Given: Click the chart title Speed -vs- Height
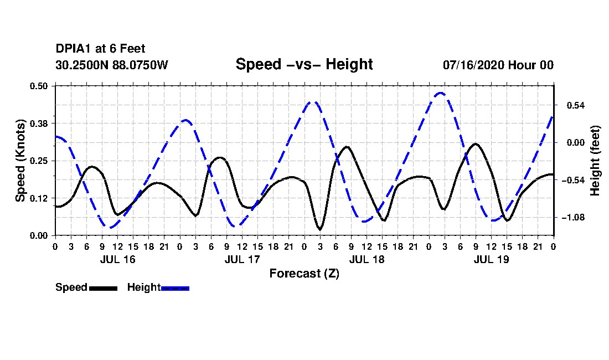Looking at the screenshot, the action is [x=304, y=64].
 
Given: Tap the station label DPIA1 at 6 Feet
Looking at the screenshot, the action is [x=100, y=49].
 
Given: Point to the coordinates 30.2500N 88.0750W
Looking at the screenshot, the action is [x=112, y=65].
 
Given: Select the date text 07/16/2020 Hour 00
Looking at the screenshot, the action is [x=498, y=65].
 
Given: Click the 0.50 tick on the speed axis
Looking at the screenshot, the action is [x=38, y=86].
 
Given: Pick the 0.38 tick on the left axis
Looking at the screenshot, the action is [x=38, y=124].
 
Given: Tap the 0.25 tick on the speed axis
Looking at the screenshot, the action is [x=38, y=161].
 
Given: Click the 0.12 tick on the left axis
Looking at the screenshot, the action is [x=38, y=198].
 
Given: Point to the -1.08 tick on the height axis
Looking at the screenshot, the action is [x=573, y=218].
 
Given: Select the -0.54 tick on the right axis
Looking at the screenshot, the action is [x=573, y=180].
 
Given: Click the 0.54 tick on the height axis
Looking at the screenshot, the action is [x=576, y=106].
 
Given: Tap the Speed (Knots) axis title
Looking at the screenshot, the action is [x=20, y=161].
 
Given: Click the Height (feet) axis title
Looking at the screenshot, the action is [x=595, y=161].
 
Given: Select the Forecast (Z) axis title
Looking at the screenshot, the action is [x=304, y=274].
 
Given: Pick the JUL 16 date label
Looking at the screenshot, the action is [x=118, y=259].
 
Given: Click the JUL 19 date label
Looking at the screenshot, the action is [x=491, y=259].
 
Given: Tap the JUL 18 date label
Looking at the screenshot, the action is [x=367, y=259].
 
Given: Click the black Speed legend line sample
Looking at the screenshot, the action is [x=104, y=288].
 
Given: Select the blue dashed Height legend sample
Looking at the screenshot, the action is [x=175, y=288].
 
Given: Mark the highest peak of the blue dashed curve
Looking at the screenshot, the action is [x=440, y=93].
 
